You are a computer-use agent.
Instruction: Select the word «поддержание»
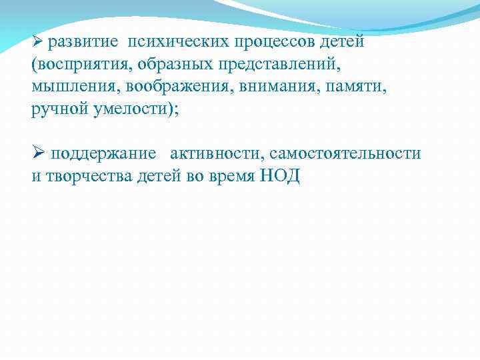(104, 154)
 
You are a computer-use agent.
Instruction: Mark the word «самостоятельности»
(345, 154)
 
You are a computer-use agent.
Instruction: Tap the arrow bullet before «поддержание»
(37, 153)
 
